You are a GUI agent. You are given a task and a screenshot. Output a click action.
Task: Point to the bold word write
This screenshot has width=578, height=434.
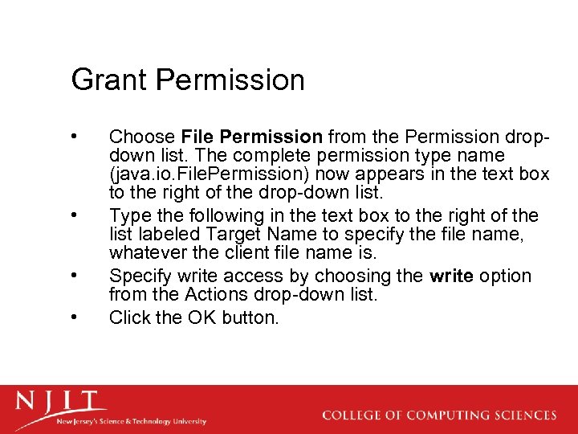pos(451,276)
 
